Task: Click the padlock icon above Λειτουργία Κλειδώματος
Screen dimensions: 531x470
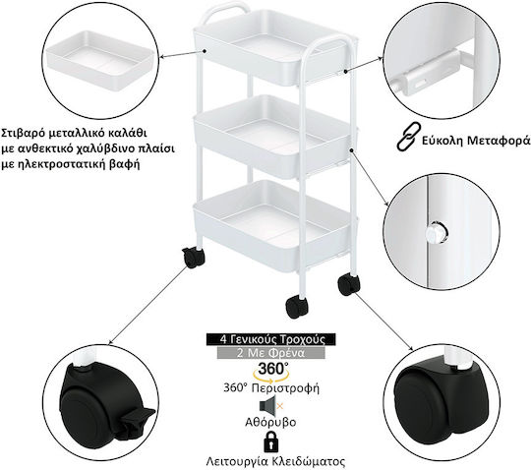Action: (x=270, y=441)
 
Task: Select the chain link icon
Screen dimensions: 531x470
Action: (x=408, y=136)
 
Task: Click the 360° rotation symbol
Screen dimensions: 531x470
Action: (x=271, y=371)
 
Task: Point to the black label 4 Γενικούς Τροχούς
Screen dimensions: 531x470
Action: (x=271, y=339)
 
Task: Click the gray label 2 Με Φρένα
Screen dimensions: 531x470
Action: (x=271, y=353)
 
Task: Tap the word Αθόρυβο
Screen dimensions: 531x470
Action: (x=270, y=422)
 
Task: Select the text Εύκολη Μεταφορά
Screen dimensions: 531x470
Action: (x=476, y=141)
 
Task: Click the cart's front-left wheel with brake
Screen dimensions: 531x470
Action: (x=193, y=258)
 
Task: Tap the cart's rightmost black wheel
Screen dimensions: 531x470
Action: (x=349, y=285)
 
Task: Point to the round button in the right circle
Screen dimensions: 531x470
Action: (x=437, y=233)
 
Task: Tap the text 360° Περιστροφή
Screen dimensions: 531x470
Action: (x=271, y=387)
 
